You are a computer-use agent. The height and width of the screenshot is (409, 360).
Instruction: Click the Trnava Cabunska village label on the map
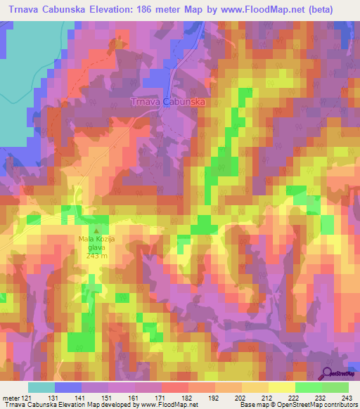(x=167, y=102)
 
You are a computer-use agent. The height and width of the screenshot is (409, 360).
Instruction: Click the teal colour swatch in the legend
(x=41, y=387)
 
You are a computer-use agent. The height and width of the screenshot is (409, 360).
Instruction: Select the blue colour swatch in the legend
(x=68, y=387)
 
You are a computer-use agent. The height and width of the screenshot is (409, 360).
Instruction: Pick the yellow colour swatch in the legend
(x=282, y=387)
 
